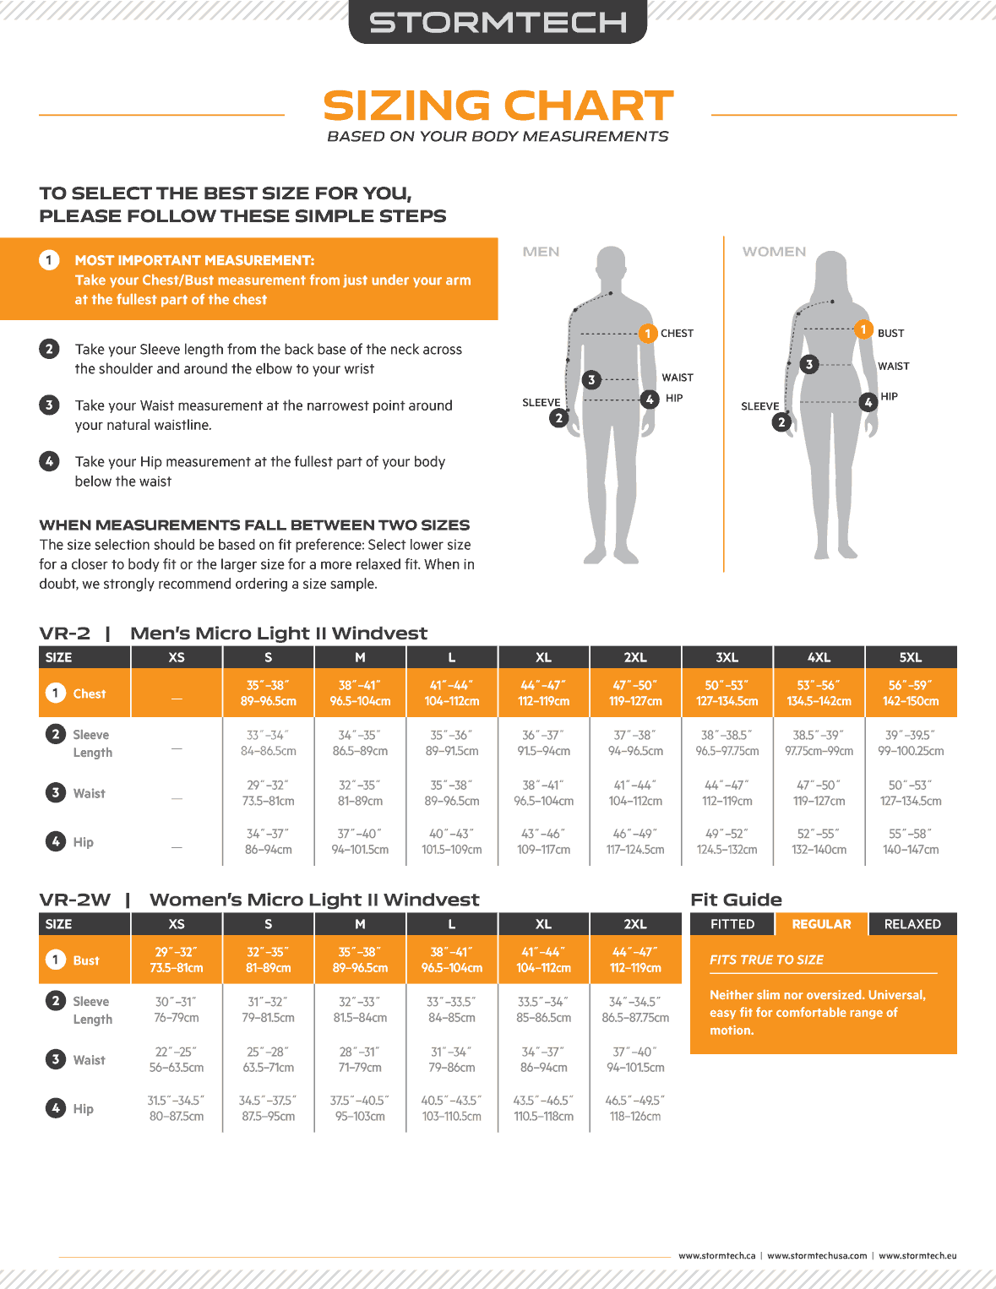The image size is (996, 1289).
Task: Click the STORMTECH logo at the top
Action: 498,22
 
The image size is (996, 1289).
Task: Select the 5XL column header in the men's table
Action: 910,657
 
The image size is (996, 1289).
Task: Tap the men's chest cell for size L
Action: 452,693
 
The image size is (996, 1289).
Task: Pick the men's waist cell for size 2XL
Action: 635,793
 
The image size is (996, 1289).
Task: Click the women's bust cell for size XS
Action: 176,960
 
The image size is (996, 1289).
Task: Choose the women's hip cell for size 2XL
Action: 635,1108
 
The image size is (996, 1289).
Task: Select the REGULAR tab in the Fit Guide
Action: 821,924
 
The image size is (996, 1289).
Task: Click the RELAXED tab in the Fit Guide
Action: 912,924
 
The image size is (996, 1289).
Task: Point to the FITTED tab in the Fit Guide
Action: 732,924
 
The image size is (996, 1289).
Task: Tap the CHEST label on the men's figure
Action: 677,334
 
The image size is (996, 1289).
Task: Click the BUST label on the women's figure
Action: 890,334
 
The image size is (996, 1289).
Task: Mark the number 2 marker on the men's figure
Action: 558,417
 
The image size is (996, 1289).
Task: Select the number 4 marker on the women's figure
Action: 868,402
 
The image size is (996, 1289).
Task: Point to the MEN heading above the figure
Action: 541,252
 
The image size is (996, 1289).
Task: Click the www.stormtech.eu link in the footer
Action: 917,1256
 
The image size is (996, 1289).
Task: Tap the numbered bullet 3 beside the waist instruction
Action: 49,405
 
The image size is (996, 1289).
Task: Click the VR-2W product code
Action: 75,900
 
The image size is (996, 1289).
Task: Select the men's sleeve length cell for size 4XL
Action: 819,743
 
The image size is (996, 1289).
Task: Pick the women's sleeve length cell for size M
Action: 360,1009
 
